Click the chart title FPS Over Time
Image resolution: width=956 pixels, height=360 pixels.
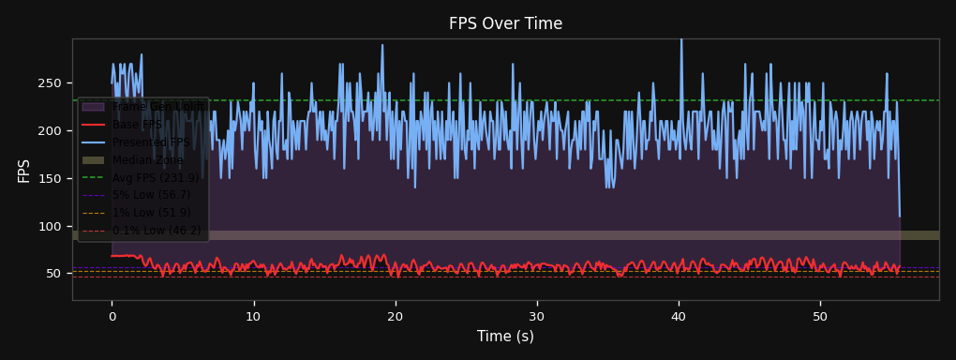(x=505, y=23)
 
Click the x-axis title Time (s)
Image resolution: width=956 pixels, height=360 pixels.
(x=505, y=337)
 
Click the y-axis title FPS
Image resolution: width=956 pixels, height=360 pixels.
(x=24, y=170)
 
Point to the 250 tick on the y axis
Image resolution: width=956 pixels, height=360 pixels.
(x=52, y=83)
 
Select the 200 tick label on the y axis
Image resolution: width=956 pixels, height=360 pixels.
(x=52, y=131)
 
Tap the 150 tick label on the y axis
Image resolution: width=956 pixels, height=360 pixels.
(x=52, y=179)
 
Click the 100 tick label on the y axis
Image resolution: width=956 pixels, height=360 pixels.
(x=52, y=227)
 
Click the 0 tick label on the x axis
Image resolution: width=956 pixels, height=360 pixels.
(x=112, y=316)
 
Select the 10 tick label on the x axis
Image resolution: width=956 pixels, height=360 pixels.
(x=253, y=316)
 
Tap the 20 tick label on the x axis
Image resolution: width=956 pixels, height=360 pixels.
(x=396, y=316)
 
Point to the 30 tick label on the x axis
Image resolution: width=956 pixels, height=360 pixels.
(x=537, y=316)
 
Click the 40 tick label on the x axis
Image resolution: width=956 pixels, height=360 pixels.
(x=679, y=316)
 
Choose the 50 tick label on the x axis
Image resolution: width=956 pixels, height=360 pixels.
(x=820, y=316)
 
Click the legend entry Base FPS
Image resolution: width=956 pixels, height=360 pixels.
(x=137, y=125)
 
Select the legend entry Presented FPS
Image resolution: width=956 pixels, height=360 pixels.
(x=151, y=142)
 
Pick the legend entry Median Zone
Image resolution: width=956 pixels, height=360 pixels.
(x=148, y=160)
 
